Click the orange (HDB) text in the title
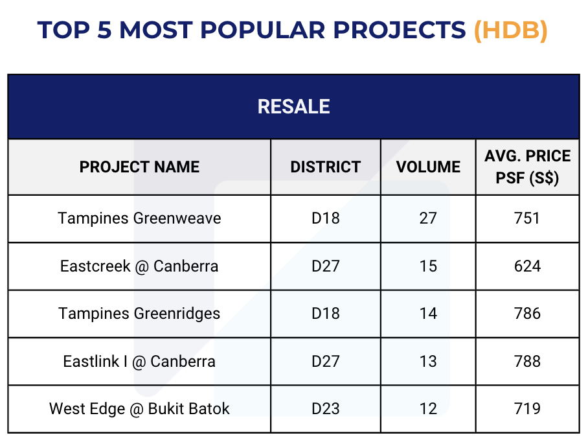tap(511, 30)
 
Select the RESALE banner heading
tap(293, 106)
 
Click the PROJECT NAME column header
tap(139, 167)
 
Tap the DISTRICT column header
tap(326, 167)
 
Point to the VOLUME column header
tap(428, 167)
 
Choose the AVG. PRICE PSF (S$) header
tap(528, 167)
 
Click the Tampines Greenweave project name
tap(139, 218)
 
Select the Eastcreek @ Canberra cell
tap(139, 266)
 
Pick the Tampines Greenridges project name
tap(139, 314)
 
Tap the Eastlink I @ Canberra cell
tap(139, 362)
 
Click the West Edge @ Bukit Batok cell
tap(139, 408)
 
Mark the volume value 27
tap(428, 218)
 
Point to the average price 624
tap(528, 266)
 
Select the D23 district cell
tap(326, 408)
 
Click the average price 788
tap(528, 362)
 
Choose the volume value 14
tap(428, 314)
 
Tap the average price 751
tap(527, 218)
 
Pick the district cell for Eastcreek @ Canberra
tap(326, 266)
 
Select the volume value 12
tap(428, 408)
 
